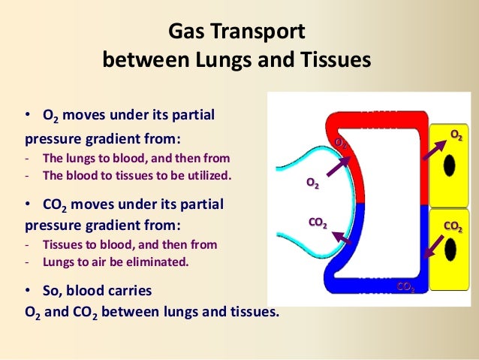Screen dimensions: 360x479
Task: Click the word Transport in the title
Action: click(x=267, y=32)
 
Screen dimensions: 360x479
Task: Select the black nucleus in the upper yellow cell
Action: click(x=450, y=165)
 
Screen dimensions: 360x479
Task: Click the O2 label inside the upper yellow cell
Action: click(x=456, y=135)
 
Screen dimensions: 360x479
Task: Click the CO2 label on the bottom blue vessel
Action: click(x=405, y=287)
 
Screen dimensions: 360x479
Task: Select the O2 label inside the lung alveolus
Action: click(x=311, y=183)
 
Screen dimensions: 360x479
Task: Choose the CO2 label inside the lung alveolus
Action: click(x=318, y=222)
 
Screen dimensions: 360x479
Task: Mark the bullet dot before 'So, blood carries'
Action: click(x=28, y=289)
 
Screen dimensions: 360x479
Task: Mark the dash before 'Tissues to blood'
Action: click(x=27, y=245)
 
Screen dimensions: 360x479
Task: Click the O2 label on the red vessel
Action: click(x=341, y=141)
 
